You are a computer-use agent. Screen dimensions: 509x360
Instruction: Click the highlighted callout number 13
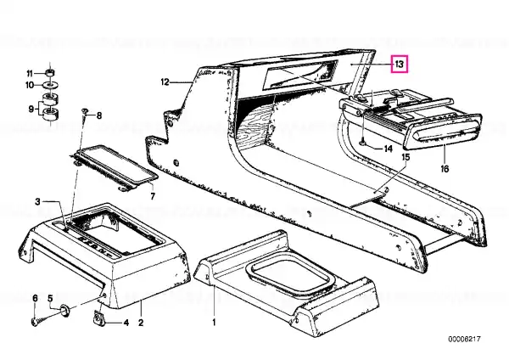point(400,64)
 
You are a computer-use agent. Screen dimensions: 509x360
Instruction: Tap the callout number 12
point(165,82)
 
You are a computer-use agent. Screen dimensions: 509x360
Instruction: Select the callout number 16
point(445,169)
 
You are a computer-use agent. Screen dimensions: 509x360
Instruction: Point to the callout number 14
point(389,149)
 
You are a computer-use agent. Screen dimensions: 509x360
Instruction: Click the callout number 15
point(406,157)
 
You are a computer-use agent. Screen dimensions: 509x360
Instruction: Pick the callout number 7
point(153,196)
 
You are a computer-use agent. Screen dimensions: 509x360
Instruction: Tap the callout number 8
point(99,115)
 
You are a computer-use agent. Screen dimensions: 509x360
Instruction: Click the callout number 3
point(37,202)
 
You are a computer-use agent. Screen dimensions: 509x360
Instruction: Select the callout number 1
point(214,323)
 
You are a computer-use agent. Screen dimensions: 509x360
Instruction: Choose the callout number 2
point(141,323)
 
